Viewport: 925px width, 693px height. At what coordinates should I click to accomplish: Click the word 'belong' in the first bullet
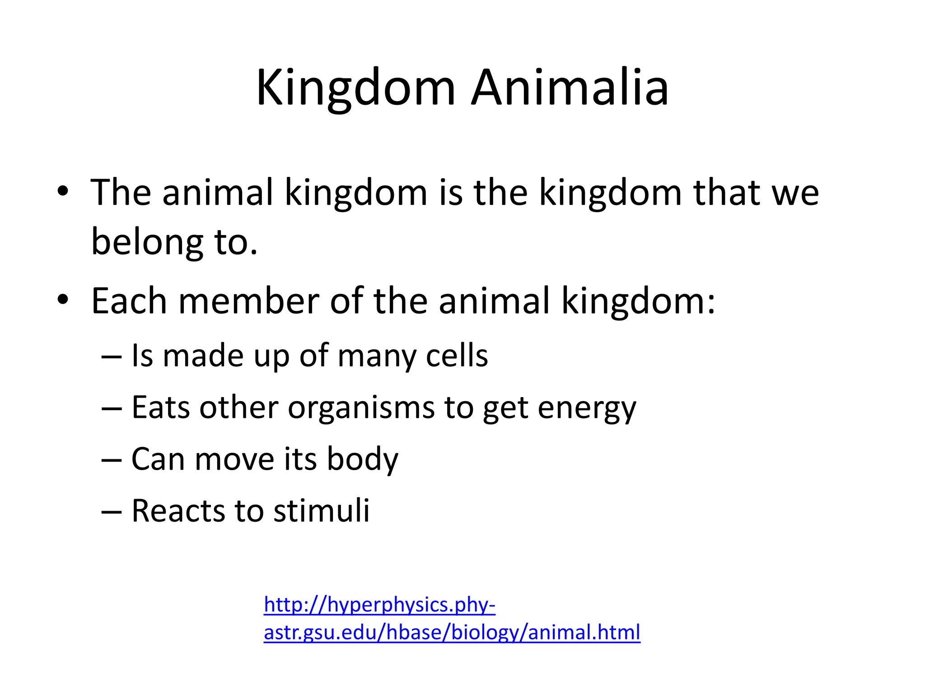147,243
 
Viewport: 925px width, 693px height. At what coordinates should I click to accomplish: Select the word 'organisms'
361,408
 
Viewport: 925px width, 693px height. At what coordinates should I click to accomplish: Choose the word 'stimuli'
322,511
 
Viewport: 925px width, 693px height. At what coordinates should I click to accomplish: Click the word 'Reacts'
178,511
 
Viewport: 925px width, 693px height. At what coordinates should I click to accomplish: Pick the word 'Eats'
160,408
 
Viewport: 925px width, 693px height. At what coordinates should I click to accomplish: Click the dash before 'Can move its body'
112,461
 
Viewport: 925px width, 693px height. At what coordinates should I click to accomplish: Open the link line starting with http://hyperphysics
379,605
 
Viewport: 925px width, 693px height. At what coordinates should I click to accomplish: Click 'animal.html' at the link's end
584,632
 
